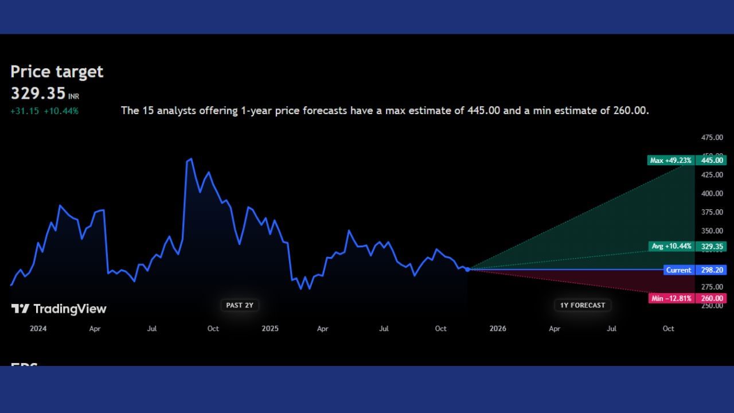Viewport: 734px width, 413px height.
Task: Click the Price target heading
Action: click(57, 72)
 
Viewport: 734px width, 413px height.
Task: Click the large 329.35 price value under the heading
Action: click(38, 93)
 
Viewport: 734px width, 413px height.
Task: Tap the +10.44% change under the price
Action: click(61, 111)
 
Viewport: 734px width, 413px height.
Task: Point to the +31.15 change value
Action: click(25, 111)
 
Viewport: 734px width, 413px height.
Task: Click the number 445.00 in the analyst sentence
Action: click(485, 111)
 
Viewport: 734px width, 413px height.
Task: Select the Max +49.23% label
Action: click(670, 161)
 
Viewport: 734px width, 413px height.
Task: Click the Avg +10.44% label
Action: click(671, 246)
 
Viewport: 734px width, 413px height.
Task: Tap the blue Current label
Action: click(678, 270)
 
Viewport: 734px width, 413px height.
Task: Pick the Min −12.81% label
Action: click(671, 298)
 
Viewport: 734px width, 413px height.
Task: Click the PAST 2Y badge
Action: click(239, 305)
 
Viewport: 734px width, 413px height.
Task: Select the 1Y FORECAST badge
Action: click(582, 305)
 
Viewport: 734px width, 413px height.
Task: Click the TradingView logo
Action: click(58, 309)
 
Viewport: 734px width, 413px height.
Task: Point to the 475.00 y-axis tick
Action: click(712, 138)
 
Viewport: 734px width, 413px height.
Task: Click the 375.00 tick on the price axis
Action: click(712, 212)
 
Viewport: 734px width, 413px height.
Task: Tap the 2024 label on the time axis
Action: click(38, 329)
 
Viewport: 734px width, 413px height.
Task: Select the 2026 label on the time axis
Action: click(498, 329)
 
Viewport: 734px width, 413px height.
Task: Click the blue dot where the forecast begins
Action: click(467, 269)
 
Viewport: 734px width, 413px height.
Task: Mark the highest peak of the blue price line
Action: click(191, 159)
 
